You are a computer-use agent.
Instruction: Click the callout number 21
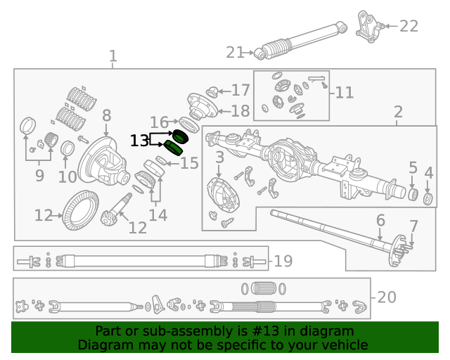235,52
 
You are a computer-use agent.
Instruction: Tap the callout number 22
409,26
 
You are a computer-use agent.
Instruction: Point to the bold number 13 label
139,141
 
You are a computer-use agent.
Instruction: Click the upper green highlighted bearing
181,135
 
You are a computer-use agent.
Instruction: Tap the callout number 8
106,115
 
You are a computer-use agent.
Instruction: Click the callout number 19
282,262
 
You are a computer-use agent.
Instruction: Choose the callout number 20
387,297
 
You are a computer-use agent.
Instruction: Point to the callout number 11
345,92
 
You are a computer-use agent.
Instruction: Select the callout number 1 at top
112,56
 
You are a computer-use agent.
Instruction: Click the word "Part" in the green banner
109,331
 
